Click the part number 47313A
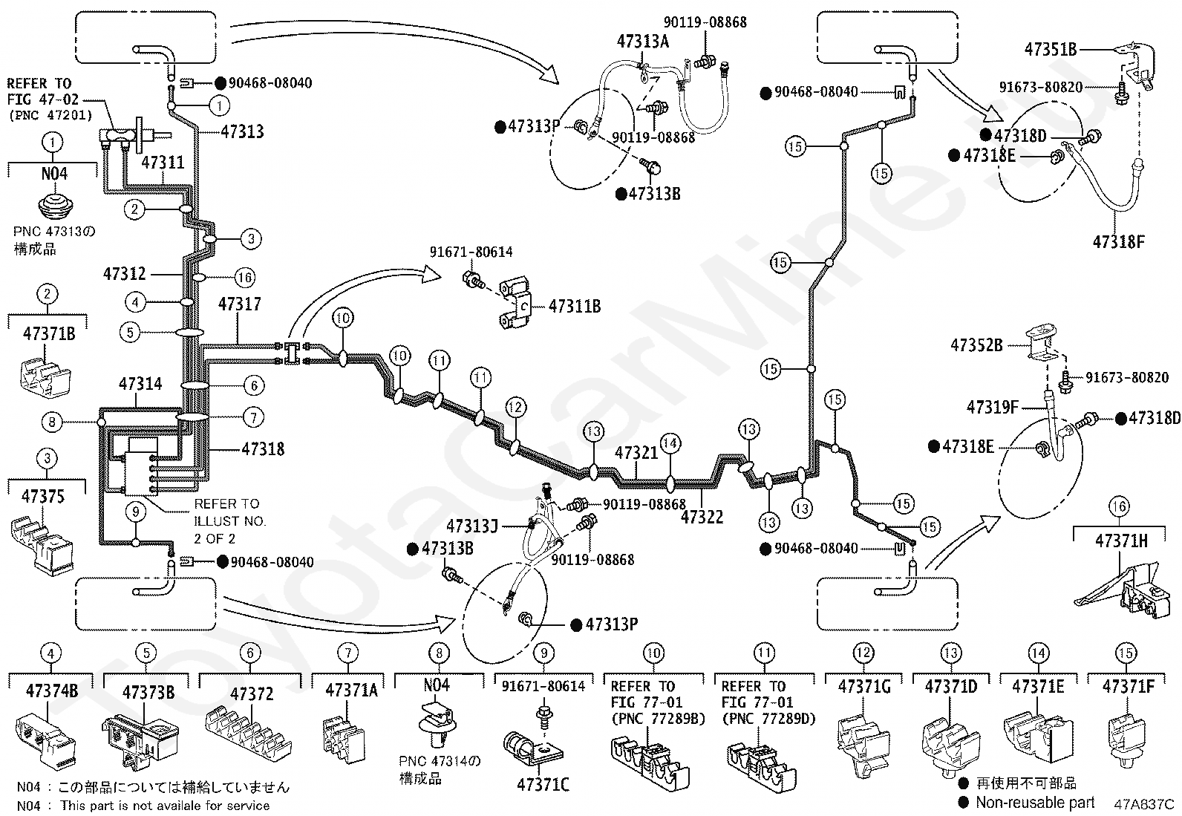click(x=643, y=41)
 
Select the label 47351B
click(x=1050, y=49)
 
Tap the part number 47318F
click(x=1118, y=242)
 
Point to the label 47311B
click(x=575, y=306)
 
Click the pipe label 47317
click(x=240, y=304)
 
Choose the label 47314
click(x=140, y=384)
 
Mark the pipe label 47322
click(x=702, y=517)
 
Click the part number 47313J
click(x=471, y=526)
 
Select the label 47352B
click(x=976, y=345)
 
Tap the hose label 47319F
click(x=993, y=407)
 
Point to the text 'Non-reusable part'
click(x=1035, y=803)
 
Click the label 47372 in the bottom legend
click(x=252, y=693)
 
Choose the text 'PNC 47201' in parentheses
click(x=51, y=114)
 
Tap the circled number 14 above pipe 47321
click(x=670, y=443)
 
